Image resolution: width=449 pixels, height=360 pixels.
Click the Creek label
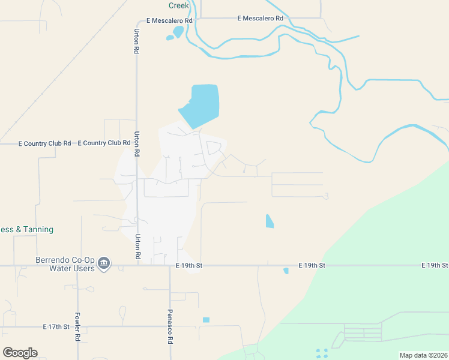point(179,5)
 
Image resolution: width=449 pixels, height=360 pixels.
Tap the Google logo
point(20,352)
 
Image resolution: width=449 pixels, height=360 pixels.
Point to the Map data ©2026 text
point(423,355)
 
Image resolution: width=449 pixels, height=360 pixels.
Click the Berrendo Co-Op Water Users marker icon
point(104,263)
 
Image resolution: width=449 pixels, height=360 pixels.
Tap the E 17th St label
point(57,327)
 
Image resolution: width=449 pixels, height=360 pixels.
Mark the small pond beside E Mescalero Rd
point(176,32)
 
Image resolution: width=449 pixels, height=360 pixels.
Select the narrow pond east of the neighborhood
point(270,221)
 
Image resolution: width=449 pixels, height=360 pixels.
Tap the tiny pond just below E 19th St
point(286,271)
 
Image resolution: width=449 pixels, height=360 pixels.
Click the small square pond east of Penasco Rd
point(206,320)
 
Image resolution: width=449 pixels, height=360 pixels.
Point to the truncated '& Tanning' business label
point(27,229)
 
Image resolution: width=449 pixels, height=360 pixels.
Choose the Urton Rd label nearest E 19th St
point(137,247)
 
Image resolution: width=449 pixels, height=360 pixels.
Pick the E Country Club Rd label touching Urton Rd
point(104,143)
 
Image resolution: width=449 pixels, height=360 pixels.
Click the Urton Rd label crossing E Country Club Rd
point(137,144)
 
